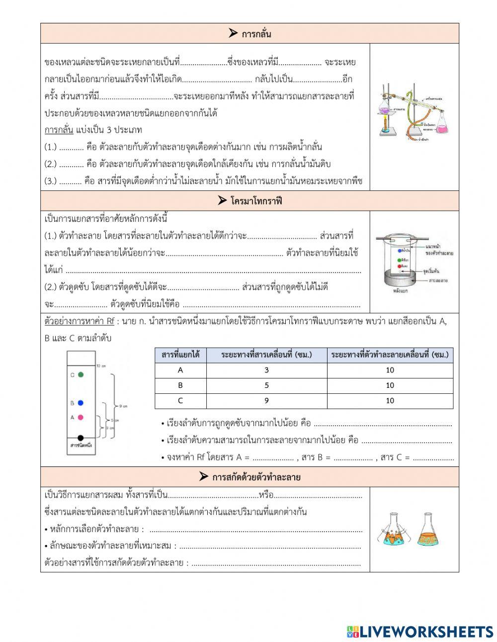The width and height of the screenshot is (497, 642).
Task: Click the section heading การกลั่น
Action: pyautogui.click(x=250, y=34)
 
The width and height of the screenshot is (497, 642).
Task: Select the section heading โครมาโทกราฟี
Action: pyautogui.click(x=250, y=201)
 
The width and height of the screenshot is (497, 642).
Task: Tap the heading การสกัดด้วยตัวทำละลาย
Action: pyautogui.click(x=250, y=477)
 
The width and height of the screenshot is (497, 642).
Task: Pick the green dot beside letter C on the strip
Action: pyautogui.click(x=81, y=374)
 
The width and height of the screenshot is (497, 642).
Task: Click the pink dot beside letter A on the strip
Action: pyautogui.click(x=81, y=418)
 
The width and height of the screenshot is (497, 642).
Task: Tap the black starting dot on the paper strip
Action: pyautogui.click(x=81, y=438)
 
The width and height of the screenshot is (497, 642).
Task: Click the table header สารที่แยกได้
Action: pyautogui.click(x=180, y=355)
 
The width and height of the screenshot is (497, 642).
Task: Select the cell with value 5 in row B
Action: pyautogui.click(x=266, y=385)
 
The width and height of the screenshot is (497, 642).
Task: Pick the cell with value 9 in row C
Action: pyautogui.click(x=266, y=401)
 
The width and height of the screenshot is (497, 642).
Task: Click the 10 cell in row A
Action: pyautogui.click(x=390, y=370)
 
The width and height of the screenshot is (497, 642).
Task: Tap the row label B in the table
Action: pyautogui.click(x=180, y=385)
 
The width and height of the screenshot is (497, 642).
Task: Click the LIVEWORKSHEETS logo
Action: pyautogui.click(x=420, y=631)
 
